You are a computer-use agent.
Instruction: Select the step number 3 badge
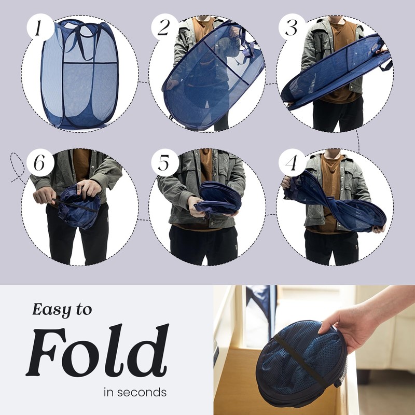pyautogui.click(x=292, y=27)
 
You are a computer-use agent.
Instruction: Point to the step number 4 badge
pyautogui.click(x=292, y=164)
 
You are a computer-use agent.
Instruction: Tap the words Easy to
pyautogui.click(x=62, y=310)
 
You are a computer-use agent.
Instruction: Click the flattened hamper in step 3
pyautogui.click(x=332, y=75)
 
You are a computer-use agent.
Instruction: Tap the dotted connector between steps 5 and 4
pyautogui.click(x=271, y=213)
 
